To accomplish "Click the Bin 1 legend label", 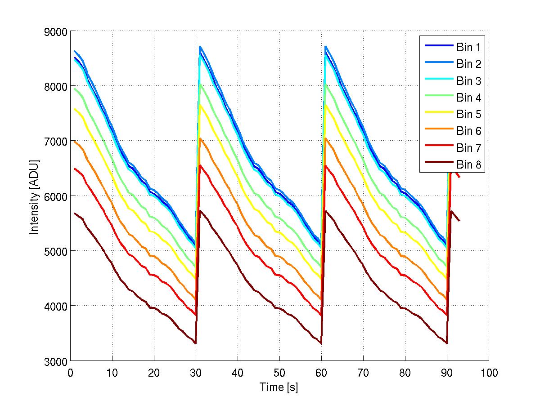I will point(469,47).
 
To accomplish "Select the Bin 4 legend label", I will point(469,98).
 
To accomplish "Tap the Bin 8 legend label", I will point(469,165).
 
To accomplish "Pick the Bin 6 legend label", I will point(469,131).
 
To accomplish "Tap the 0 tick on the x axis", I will point(70,373).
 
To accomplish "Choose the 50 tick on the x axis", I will point(279,373).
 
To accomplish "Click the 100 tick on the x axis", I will point(489,373).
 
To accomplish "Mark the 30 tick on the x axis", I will point(196,373).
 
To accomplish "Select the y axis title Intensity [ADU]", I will point(34,196).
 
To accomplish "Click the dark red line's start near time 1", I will point(75,214).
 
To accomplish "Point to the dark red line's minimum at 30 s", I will point(196,343).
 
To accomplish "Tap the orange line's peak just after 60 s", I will point(325,138).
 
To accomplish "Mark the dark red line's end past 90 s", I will point(459,221).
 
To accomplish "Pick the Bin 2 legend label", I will point(469,64).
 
